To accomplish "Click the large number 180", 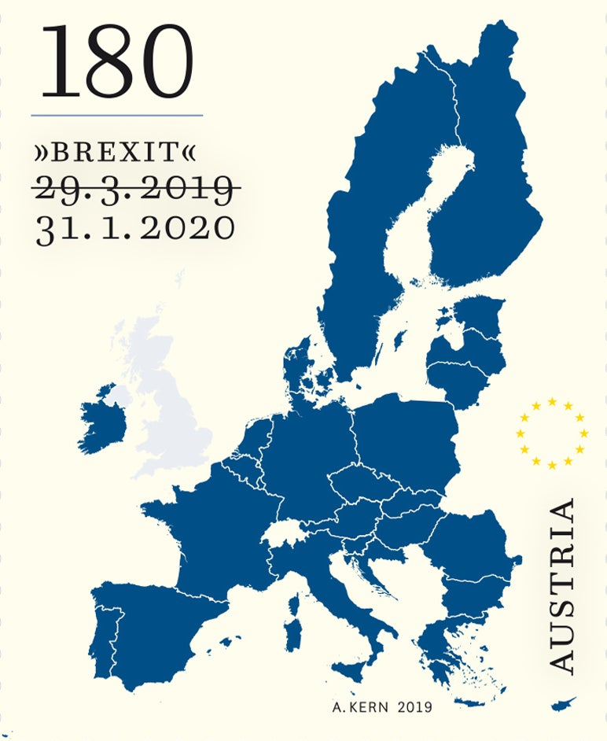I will click(x=116, y=61).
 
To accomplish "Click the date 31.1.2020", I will click(x=135, y=227).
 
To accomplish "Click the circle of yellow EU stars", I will click(x=552, y=433).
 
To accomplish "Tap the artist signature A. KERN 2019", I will click(x=382, y=707).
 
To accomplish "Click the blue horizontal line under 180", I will click(x=116, y=116).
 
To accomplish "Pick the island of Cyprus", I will click(x=564, y=702).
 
